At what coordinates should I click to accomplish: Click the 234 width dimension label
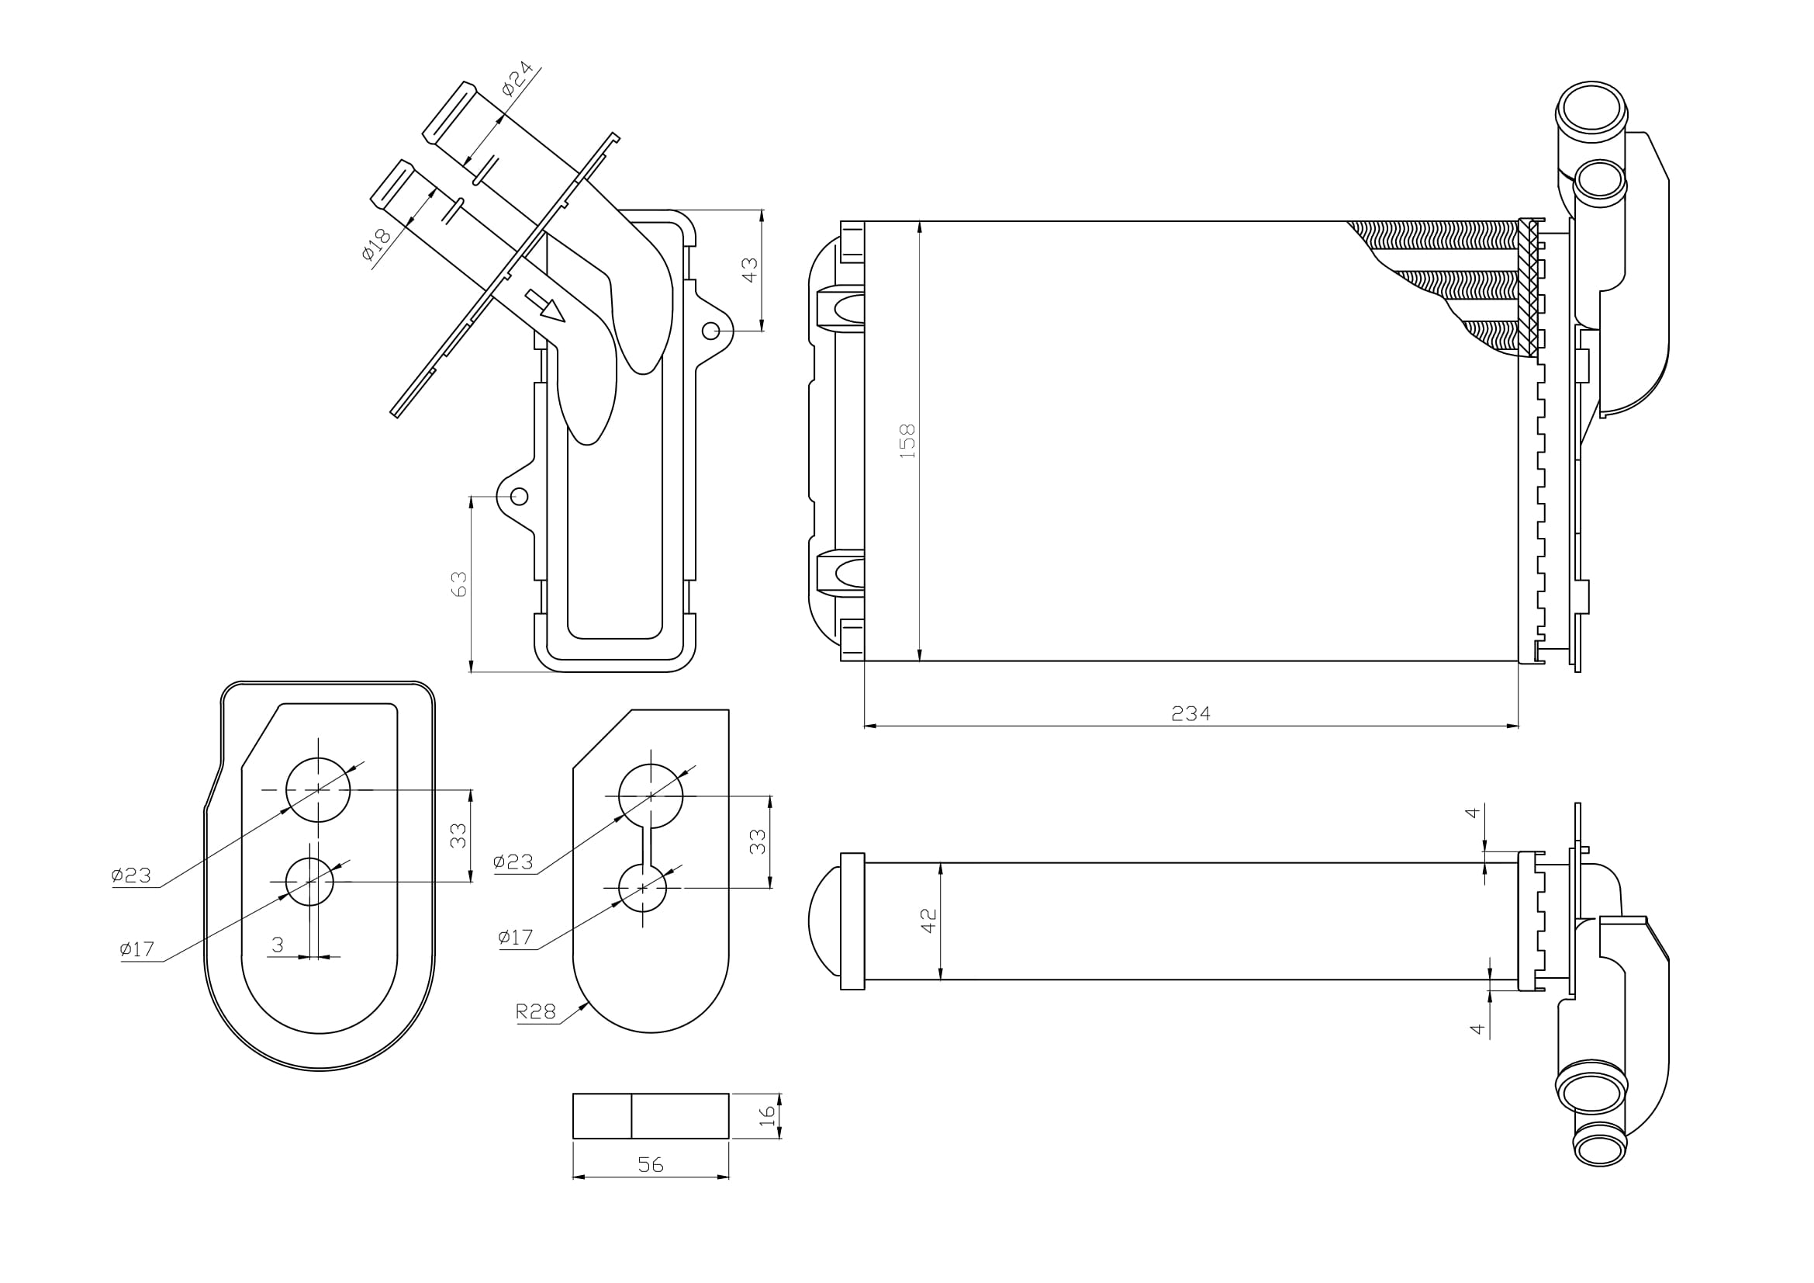pos(1190,714)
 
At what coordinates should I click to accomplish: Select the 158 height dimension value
pos(908,440)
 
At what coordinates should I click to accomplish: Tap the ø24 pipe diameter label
pos(517,79)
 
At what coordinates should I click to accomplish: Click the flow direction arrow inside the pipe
pos(546,306)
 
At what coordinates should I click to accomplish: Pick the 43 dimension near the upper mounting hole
pos(750,269)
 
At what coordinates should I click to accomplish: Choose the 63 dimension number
pos(459,584)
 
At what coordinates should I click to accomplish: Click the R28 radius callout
pos(536,1011)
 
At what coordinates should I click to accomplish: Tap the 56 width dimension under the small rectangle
pos(650,1164)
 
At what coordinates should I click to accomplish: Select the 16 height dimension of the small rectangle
pos(767,1115)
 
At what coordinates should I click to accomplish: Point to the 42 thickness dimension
pos(929,921)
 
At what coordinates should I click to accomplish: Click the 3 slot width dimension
pos(278,945)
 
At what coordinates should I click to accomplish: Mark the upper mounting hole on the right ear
pos(710,331)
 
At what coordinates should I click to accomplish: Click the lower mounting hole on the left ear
pos(519,497)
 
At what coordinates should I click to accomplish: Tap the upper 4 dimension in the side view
pos(1472,813)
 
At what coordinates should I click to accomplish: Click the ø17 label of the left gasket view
pos(136,949)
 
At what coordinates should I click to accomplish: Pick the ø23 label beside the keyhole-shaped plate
pos(513,862)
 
